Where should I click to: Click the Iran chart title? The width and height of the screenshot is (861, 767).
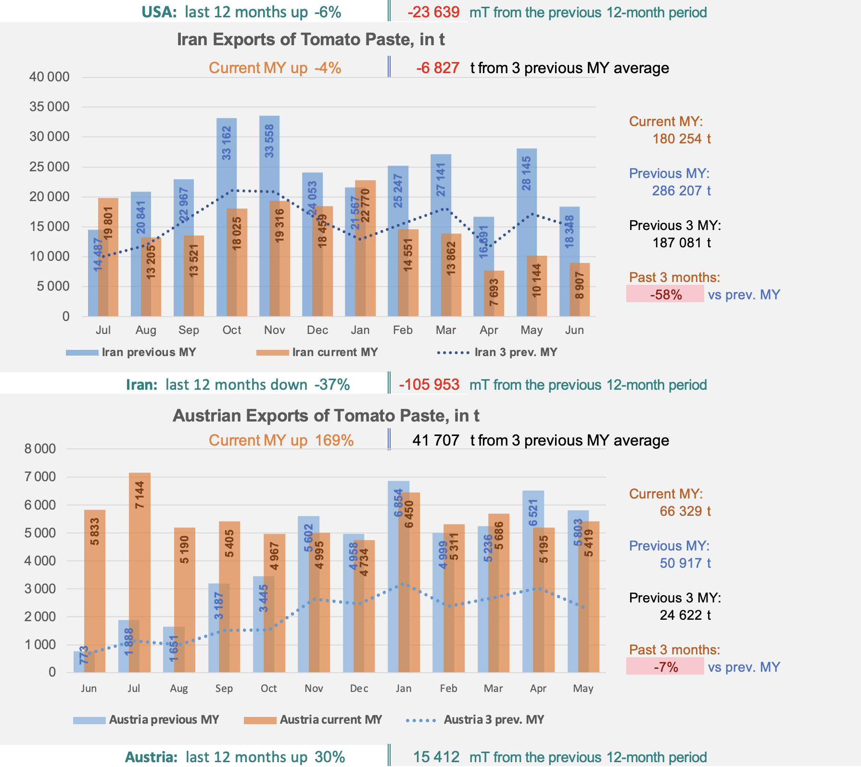coord(311,39)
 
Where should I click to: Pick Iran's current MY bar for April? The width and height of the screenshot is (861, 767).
coord(494,294)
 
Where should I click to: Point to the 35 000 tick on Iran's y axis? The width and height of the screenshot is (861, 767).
coord(50,107)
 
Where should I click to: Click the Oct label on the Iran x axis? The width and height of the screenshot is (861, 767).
coord(231,330)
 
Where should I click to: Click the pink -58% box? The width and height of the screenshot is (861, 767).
coord(665,294)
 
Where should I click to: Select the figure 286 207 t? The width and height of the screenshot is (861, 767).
coord(681,191)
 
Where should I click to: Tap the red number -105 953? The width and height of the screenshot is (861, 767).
coord(429,385)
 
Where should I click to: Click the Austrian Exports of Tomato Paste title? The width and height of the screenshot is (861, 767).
coord(326,416)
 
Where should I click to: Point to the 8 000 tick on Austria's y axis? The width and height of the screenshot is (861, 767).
coord(40,449)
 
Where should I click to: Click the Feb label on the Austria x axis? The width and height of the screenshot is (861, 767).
coord(448,689)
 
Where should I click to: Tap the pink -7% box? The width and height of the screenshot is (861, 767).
coord(665,666)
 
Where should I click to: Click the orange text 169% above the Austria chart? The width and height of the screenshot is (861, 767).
coord(334,441)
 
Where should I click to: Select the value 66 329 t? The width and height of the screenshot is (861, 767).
coord(685,511)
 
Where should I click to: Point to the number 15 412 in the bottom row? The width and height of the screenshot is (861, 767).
coord(436,757)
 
